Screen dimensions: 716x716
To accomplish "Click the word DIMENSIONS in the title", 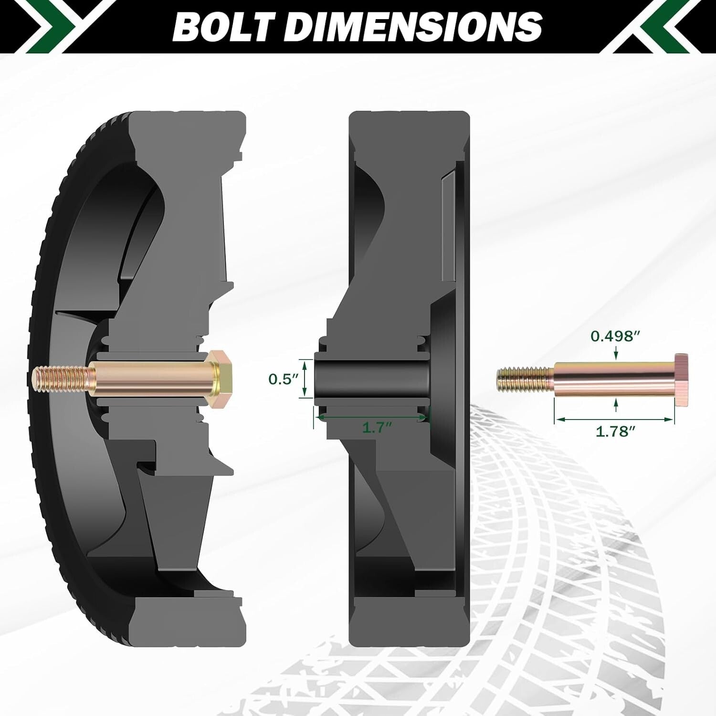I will pos(415,26).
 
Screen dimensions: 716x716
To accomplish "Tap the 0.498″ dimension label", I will pos(615,336).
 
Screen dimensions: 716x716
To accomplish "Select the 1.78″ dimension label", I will pos(615,432).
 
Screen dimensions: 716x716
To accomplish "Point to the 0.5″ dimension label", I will pos(283,379).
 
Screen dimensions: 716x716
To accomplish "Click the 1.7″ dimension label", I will pos(377,428).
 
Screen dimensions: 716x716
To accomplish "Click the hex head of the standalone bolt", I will pos(682,380).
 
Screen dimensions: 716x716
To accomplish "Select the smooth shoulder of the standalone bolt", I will pos(613,380).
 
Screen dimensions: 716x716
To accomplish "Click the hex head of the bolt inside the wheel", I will pos(221,378).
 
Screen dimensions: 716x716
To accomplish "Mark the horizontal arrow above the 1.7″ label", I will pos(372,417).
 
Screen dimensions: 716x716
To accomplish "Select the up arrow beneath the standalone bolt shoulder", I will pos(616,405).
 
